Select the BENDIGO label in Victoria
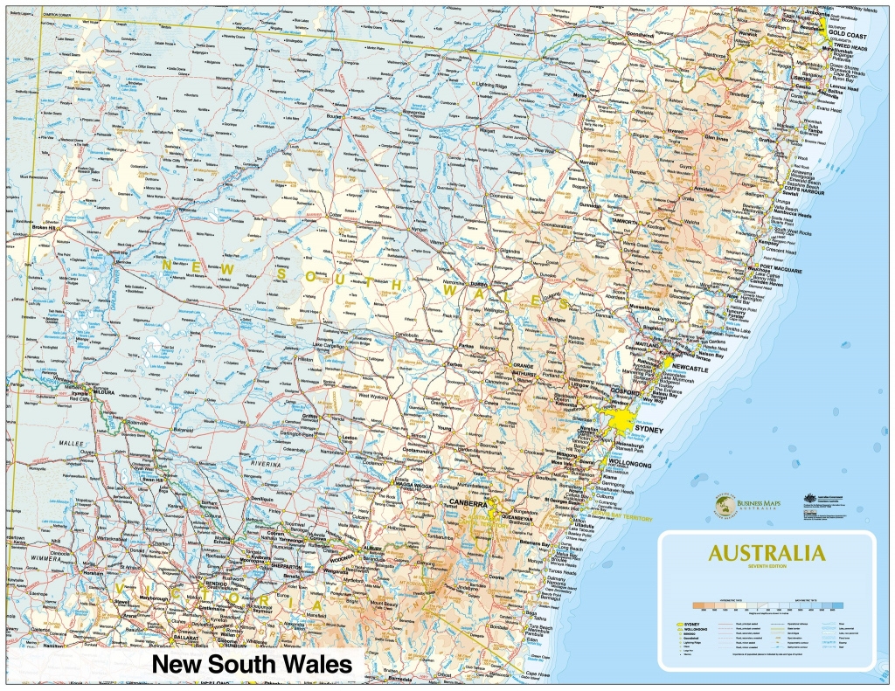(x=214, y=584)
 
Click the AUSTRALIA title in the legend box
(x=766, y=553)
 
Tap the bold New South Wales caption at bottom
(x=252, y=665)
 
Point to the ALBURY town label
(x=371, y=548)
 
